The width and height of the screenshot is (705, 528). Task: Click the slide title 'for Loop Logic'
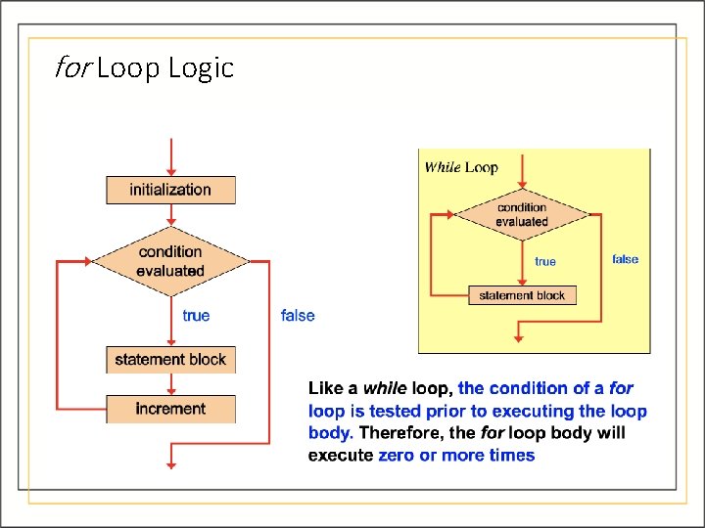pyautogui.click(x=145, y=68)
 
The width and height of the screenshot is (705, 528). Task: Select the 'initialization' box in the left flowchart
pyautogui.click(x=170, y=190)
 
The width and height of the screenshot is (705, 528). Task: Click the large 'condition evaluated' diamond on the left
pyautogui.click(x=170, y=261)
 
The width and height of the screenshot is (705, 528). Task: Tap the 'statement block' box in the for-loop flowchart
pyautogui.click(x=170, y=360)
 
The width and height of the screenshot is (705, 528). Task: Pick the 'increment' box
pyautogui.click(x=170, y=409)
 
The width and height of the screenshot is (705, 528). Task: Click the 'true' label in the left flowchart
pyautogui.click(x=196, y=315)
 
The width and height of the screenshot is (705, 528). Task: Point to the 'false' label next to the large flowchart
pyautogui.click(x=298, y=315)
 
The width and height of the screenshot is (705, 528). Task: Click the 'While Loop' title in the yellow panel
pyautogui.click(x=461, y=167)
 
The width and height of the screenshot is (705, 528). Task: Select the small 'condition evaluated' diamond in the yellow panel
pyautogui.click(x=522, y=214)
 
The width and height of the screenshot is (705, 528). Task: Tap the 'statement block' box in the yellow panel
pyautogui.click(x=522, y=295)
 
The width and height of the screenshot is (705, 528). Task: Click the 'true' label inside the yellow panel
pyautogui.click(x=545, y=261)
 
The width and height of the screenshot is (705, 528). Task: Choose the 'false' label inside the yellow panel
pyautogui.click(x=625, y=259)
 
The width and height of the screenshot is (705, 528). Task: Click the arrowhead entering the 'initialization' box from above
pyautogui.click(x=171, y=170)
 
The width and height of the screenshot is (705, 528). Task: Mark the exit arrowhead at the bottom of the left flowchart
pyautogui.click(x=171, y=463)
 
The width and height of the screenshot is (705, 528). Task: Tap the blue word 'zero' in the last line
pyautogui.click(x=398, y=455)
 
